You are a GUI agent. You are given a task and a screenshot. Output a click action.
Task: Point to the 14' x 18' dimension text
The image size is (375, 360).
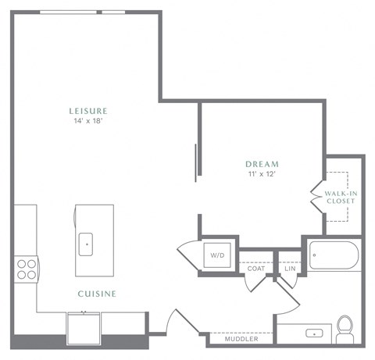(x=87, y=121)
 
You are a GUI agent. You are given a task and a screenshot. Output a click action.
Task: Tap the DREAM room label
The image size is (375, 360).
(x=262, y=163)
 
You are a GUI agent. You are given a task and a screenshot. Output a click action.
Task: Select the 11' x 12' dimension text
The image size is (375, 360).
(x=262, y=173)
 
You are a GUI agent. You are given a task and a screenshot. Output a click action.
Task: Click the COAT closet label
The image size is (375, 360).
(x=256, y=268)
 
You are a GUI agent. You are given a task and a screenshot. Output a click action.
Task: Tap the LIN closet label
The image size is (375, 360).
(x=290, y=268)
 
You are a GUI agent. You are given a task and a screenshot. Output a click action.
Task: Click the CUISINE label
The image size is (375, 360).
(x=97, y=294)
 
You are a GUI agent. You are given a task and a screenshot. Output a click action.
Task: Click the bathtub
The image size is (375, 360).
(x=334, y=255)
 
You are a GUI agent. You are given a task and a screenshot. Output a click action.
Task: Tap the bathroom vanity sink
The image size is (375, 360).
(x=314, y=333)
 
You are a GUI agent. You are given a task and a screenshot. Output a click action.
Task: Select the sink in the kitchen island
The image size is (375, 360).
(x=86, y=243)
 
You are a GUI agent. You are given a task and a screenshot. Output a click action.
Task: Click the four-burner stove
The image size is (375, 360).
(x=26, y=269)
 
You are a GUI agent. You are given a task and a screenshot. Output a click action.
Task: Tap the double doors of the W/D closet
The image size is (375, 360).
(x=189, y=255)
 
